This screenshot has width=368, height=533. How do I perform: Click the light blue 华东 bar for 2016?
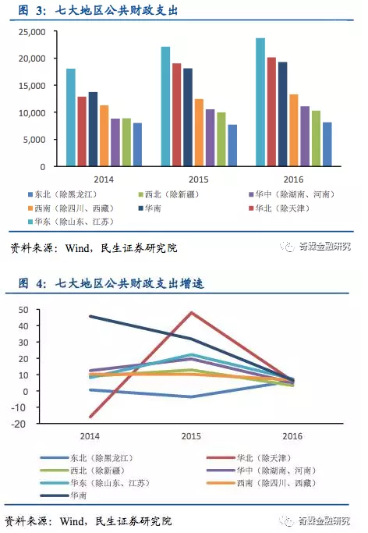tap(260, 101)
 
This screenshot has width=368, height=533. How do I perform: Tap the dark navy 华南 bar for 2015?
tap(188, 117)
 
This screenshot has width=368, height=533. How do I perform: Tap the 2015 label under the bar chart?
tap(199, 179)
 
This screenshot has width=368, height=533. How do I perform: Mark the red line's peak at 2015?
tap(192, 312)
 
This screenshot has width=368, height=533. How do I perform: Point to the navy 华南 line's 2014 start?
tap(91, 316)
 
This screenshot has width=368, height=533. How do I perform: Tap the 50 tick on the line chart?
tap(23, 310)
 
